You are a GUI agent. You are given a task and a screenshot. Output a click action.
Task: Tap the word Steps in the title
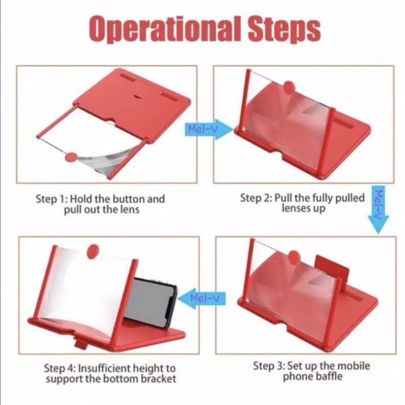click(284, 29)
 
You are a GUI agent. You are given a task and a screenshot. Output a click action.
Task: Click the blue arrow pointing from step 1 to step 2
click(209, 130)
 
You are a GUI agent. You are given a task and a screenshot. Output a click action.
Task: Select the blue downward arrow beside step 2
click(378, 209)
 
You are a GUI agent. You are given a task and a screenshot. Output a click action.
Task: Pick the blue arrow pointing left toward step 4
click(202, 299)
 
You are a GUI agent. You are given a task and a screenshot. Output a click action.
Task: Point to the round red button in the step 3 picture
click(294, 258)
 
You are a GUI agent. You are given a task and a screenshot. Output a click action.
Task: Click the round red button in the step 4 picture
click(93, 252)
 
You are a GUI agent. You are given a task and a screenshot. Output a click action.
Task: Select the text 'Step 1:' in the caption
click(52, 199)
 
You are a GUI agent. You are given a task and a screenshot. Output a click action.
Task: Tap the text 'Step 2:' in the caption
click(256, 198)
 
